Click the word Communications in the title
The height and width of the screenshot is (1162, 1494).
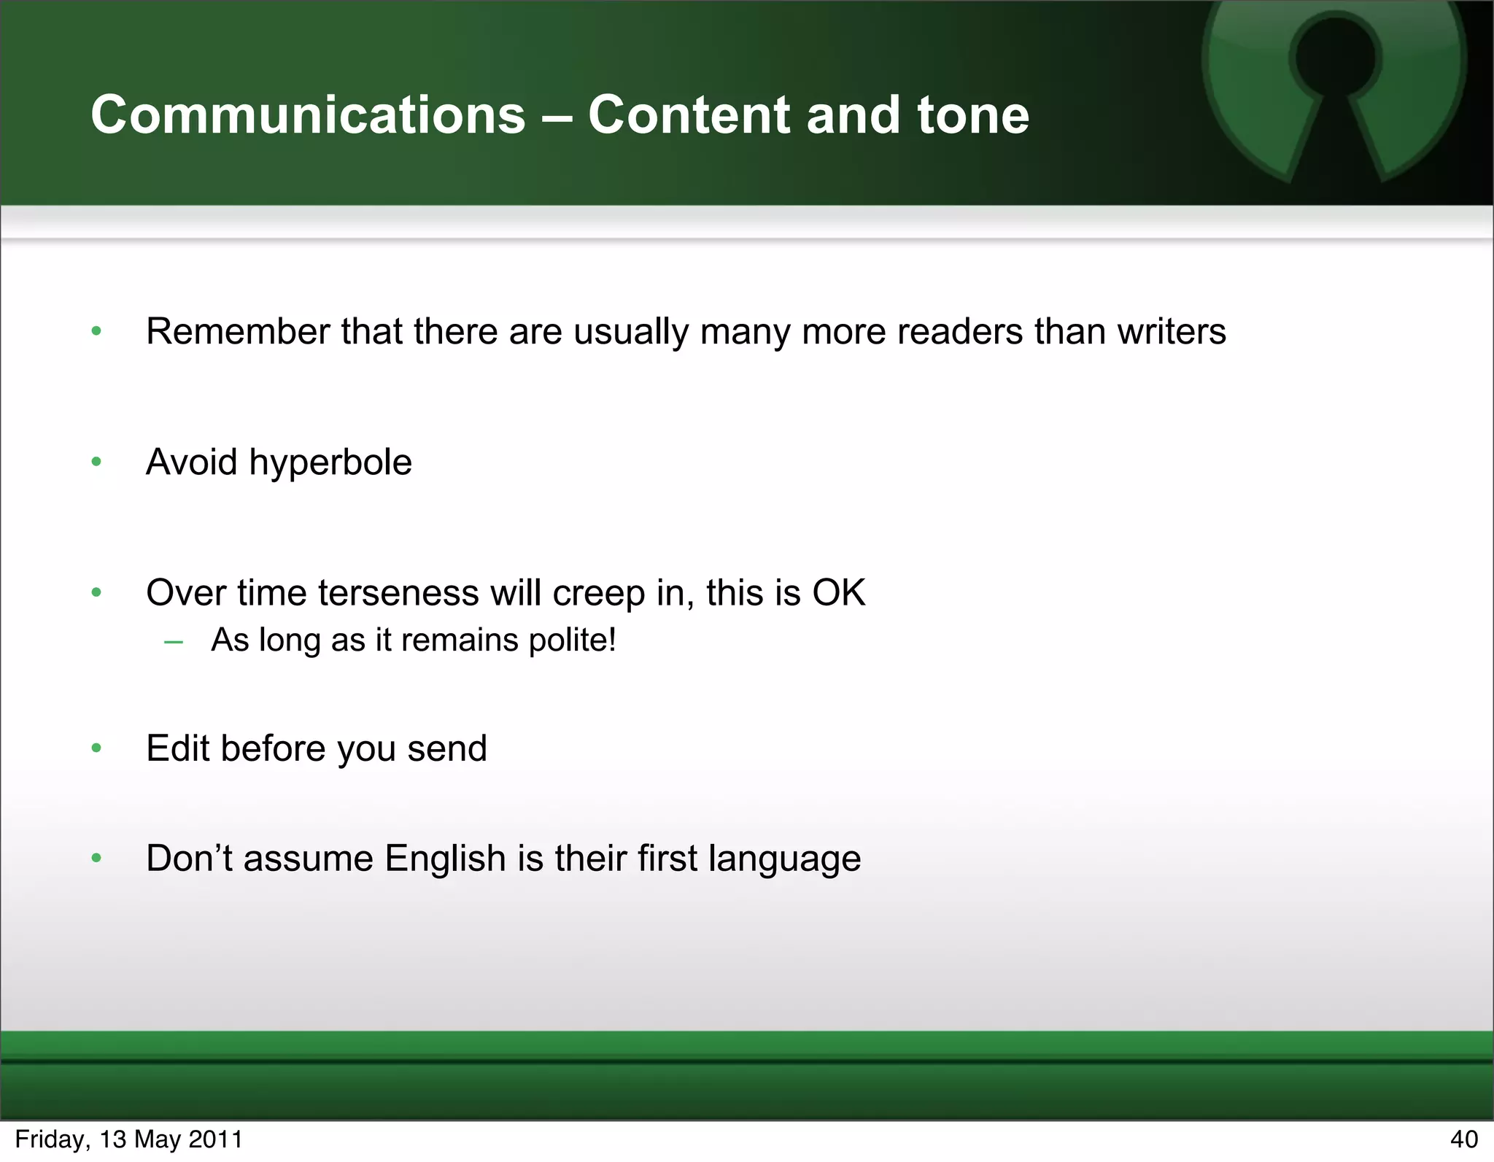[308, 115]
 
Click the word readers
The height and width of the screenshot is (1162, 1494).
[959, 332]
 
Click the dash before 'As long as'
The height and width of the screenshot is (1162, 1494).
[174, 642]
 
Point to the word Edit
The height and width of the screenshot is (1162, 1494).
[177, 748]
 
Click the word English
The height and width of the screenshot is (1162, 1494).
[445, 859]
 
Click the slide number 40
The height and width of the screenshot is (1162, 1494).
[1463, 1139]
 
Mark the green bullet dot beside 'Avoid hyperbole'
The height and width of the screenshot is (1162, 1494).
[96, 462]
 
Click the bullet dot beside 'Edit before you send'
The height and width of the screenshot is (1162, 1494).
[96, 748]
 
